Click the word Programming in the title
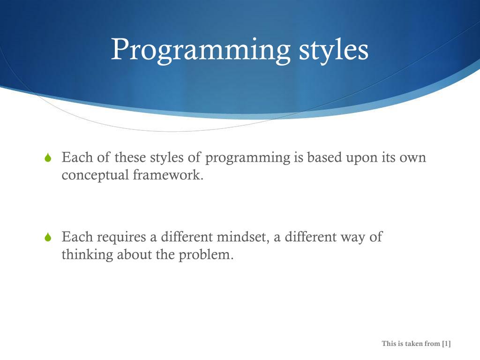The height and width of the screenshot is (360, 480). tap(201, 51)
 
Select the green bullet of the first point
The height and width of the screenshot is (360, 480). tap(48, 157)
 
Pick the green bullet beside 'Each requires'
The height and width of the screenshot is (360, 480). tap(48, 237)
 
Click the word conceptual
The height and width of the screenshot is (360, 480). tap(95, 175)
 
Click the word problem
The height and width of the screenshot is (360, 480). tap(206, 255)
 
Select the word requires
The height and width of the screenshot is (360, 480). tap(121, 238)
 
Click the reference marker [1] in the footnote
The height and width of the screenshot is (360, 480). tap(446, 344)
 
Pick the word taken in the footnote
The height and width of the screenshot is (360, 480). tap(414, 344)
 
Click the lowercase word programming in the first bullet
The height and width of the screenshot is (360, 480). tap(247, 158)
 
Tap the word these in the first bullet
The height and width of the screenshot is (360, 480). tap(130, 157)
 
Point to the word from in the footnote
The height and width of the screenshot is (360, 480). tap(432, 344)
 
